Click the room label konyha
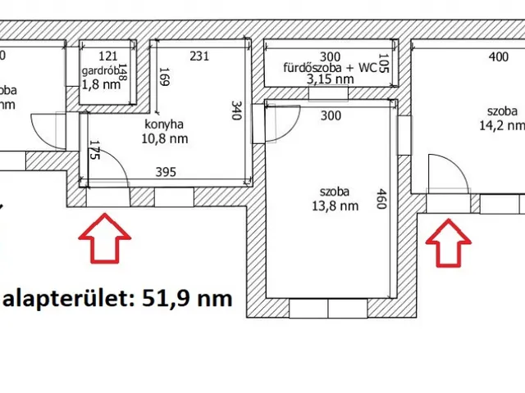(163, 125)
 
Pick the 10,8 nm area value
(167, 139)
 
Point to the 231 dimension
(199, 56)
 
